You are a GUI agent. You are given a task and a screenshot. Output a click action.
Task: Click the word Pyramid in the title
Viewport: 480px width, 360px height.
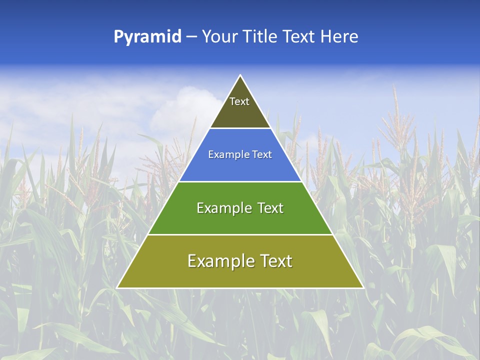(147, 37)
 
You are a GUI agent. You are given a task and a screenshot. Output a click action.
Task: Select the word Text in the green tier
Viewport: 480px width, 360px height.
(270, 208)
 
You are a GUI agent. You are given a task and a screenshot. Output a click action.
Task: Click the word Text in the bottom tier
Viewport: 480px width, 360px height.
(276, 261)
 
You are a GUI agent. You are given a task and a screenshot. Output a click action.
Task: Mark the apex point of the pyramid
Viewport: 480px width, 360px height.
(240, 75)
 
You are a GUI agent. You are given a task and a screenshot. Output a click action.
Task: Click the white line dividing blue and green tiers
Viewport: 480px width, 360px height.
(240, 181)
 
